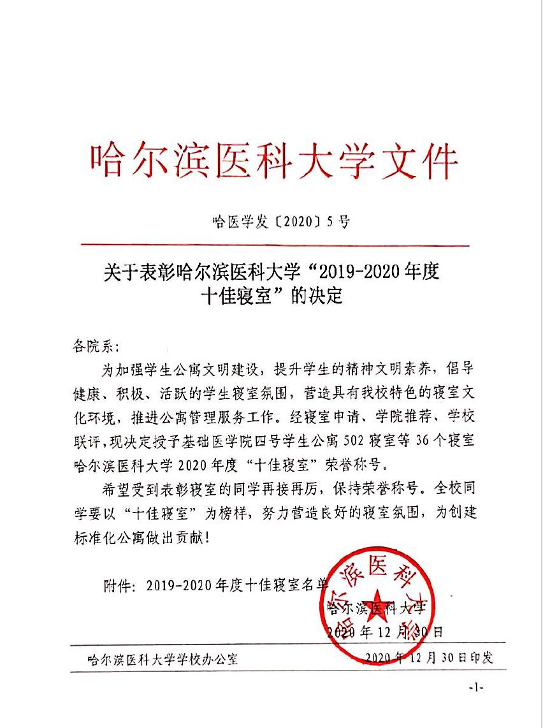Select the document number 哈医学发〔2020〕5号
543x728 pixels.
(280, 222)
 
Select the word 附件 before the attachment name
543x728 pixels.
(116, 585)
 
